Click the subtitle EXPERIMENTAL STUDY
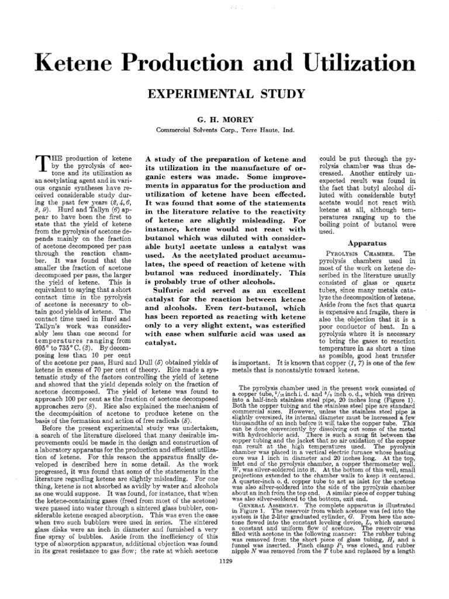point(224,94)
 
